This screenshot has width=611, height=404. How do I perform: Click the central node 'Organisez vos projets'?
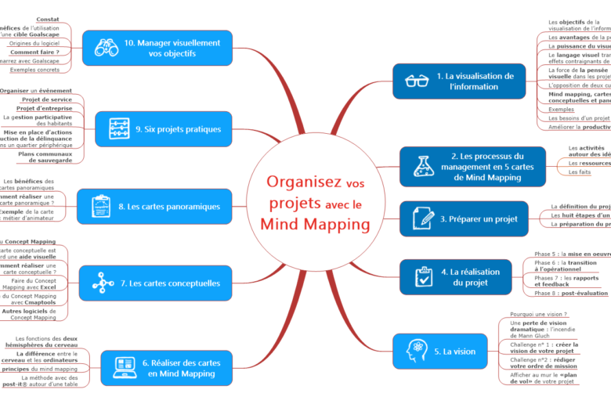[316, 203]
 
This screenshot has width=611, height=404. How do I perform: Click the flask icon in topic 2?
[423, 166]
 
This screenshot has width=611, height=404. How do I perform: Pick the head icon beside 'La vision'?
[415, 351]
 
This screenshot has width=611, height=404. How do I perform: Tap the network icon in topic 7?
[102, 283]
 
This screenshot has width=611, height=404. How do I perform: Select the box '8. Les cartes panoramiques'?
[154, 207]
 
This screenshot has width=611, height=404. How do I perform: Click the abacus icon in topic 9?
[119, 128]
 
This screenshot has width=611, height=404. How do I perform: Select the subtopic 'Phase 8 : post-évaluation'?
[571, 293]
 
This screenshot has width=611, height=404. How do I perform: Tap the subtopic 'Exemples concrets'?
[36, 70]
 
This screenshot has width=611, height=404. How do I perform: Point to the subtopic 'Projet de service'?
[47, 99]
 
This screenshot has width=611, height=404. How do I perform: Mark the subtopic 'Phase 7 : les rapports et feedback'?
[566, 281]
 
